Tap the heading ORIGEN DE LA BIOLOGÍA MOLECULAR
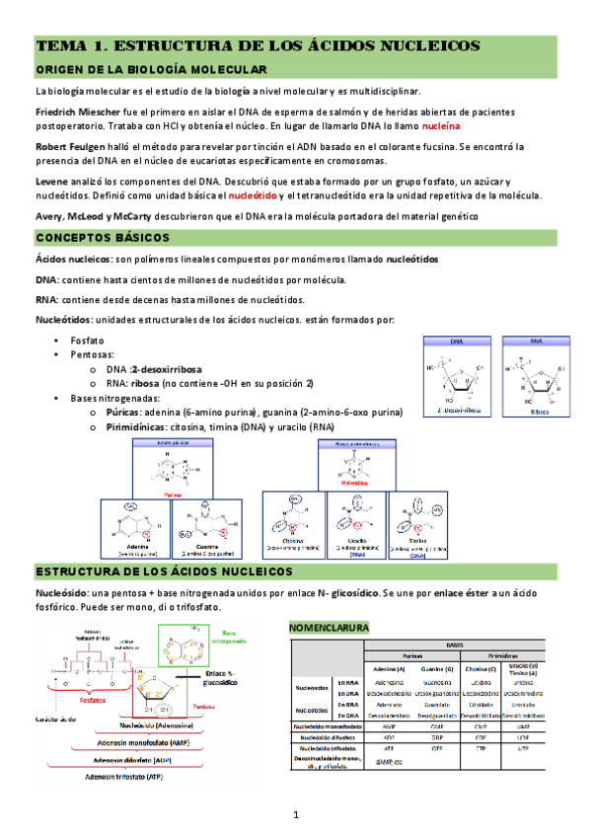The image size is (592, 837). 151,70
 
